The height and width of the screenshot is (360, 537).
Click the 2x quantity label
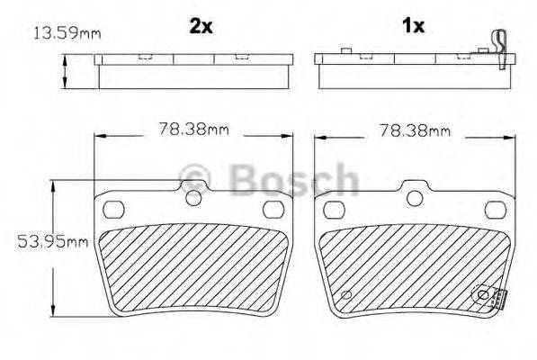click(201, 26)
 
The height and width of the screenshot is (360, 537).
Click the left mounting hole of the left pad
click(114, 209)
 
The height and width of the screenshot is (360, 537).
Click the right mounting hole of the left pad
click(272, 209)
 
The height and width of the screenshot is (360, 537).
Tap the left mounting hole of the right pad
click(335, 209)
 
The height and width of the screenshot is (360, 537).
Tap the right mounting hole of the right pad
click(493, 209)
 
